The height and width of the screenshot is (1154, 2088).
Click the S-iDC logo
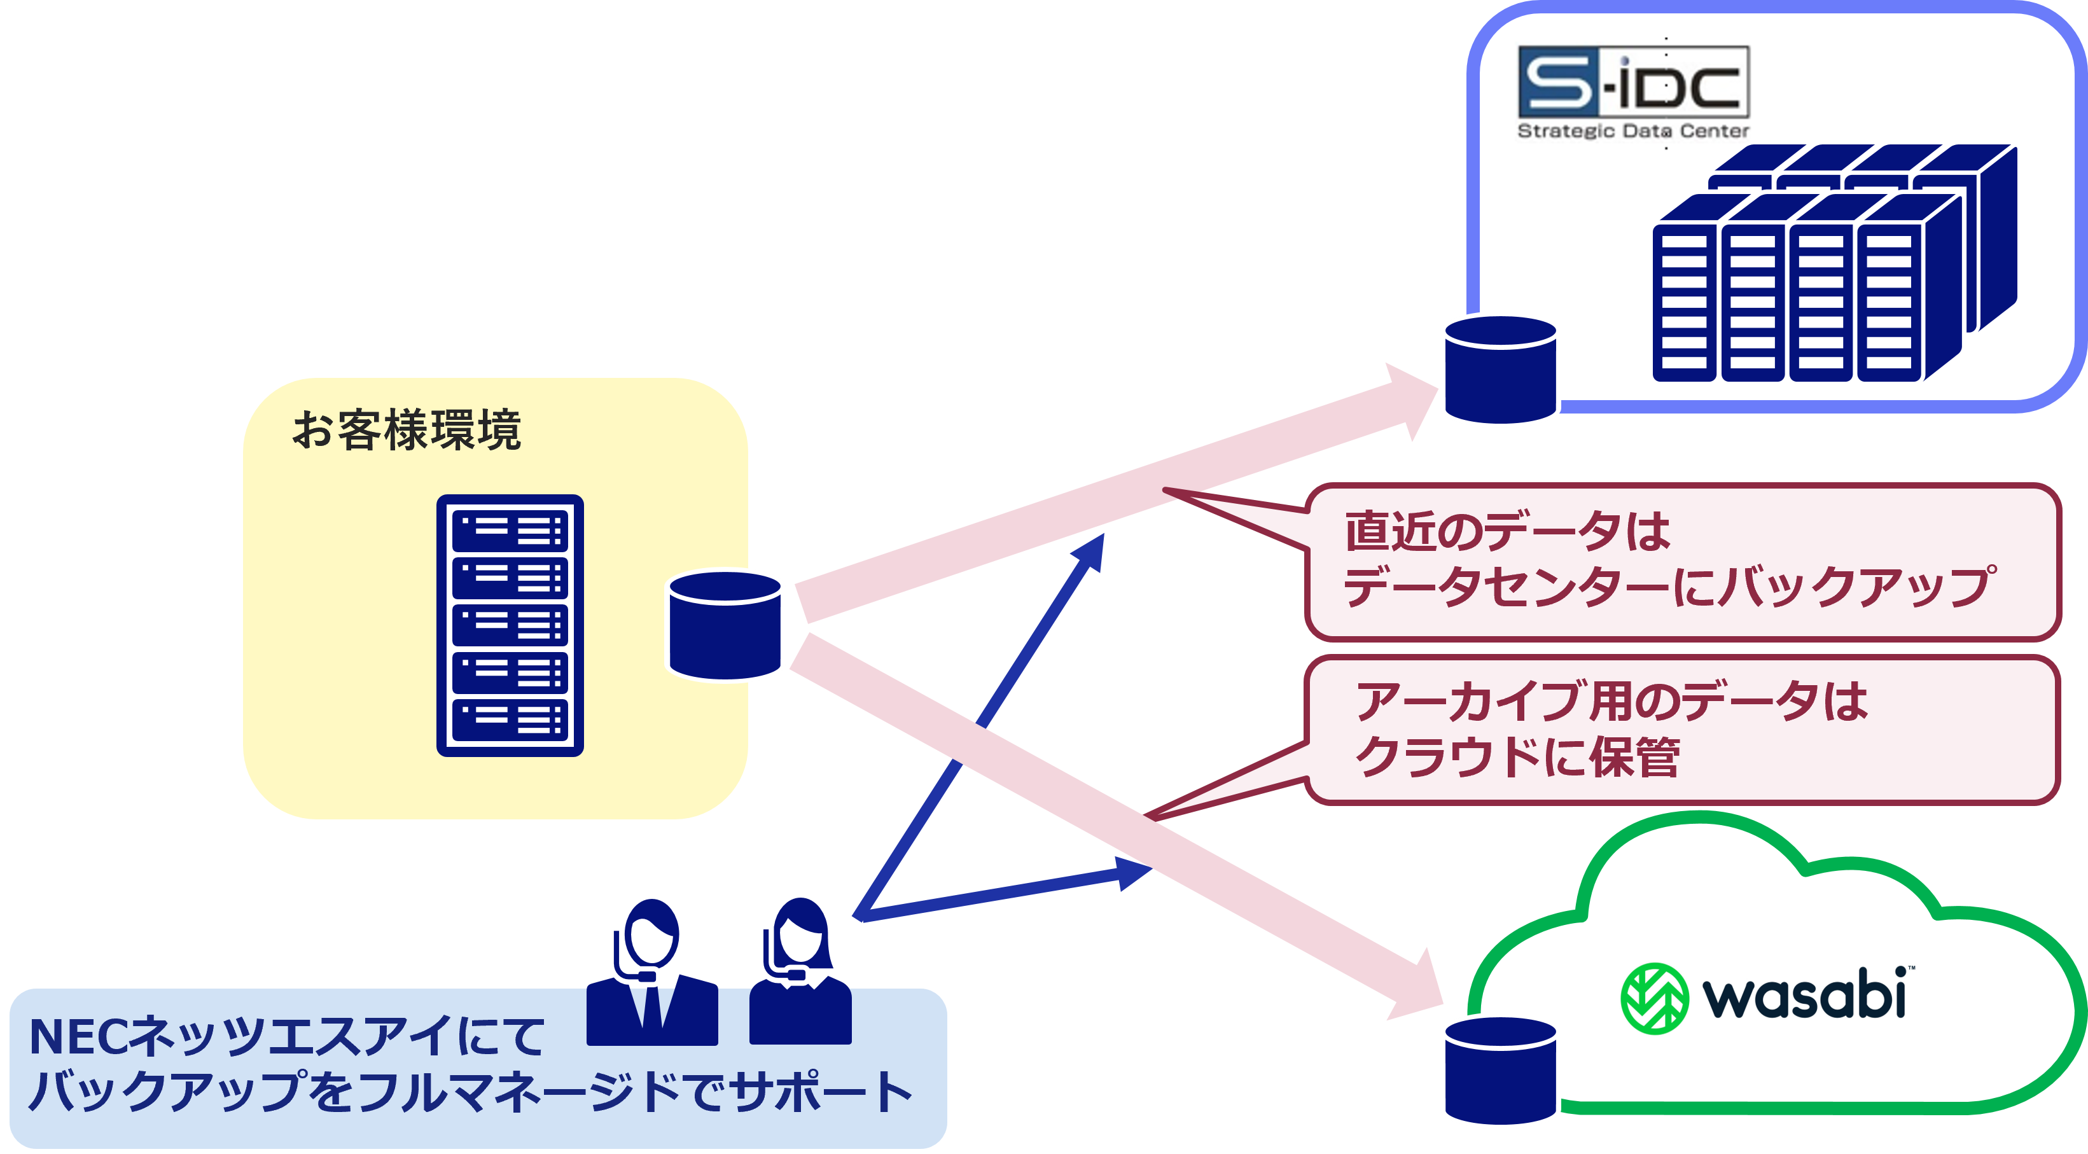click(x=1633, y=82)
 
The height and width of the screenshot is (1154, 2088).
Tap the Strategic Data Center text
click(x=1632, y=131)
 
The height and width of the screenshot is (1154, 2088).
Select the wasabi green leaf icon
click(x=1654, y=998)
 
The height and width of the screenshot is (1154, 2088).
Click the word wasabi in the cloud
click(x=1804, y=995)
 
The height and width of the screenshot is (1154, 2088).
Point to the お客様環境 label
click(x=407, y=429)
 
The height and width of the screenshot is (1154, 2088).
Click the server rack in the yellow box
click(x=510, y=625)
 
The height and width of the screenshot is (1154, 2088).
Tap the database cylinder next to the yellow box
click(x=725, y=625)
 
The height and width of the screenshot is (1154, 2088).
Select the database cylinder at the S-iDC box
click(x=1500, y=370)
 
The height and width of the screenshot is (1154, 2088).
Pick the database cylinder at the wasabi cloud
click(x=1500, y=1071)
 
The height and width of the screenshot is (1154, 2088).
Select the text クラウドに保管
click(x=1517, y=757)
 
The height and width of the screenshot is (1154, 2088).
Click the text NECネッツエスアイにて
click(x=285, y=1036)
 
